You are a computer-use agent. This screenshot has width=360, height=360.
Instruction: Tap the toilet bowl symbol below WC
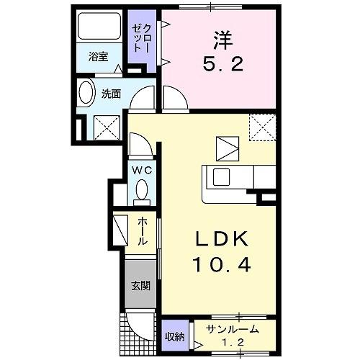pyautogui.click(x=141, y=191)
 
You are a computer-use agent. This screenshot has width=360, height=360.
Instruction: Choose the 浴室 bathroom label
pyautogui.click(x=99, y=57)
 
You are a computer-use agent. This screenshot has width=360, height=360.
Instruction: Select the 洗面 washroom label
pyautogui.click(x=111, y=93)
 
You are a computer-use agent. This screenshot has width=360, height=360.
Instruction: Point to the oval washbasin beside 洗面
pyautogui.click(x=86, y=94)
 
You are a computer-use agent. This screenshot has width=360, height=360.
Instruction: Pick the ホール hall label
pyautogui.click(x=142, y=231)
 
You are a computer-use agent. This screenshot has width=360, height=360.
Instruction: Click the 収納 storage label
pyautogui.click(x=174, y=336)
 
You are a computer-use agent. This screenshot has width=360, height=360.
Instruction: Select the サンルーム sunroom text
pyautogui.click(x=229, y=330)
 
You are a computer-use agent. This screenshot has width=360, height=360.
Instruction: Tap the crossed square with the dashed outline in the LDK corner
pyautogui.click(x=262, y=127)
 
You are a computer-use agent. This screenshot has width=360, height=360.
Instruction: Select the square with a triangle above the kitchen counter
pyautogui.click(x=228, y=148)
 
